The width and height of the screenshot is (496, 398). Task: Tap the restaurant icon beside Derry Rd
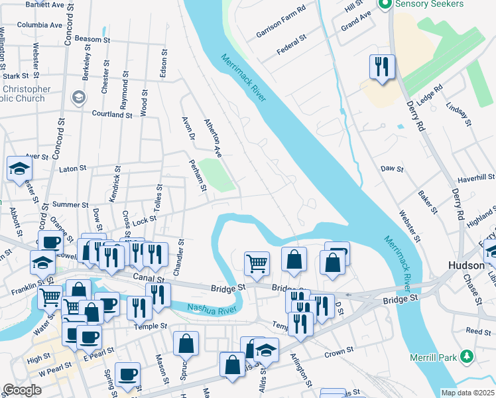381,67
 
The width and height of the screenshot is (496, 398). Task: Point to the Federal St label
291,44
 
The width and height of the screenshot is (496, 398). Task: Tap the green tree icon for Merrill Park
468,358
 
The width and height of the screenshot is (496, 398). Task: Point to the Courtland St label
112,114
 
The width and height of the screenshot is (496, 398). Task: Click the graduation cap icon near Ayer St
19,168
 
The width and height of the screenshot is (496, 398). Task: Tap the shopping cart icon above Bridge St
257,263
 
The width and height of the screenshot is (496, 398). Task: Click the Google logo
22,390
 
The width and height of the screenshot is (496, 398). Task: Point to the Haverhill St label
476,176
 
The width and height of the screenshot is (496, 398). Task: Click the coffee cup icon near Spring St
127,374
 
